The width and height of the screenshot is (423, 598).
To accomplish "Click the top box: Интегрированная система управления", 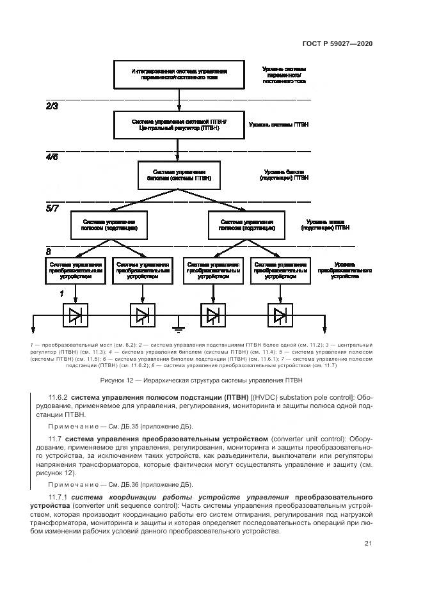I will point(179,74).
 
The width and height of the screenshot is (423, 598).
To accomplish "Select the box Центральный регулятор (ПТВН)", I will point(179,125).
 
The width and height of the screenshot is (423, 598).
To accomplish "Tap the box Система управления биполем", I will point(179,175).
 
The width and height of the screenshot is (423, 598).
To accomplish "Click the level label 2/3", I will point(52,106).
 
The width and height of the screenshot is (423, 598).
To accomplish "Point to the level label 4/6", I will point(52,156).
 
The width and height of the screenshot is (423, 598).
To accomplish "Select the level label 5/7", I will point(52,207).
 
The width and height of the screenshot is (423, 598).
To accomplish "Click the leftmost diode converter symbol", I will point(76,315).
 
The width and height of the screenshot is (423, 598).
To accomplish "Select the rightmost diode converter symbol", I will point(280,315).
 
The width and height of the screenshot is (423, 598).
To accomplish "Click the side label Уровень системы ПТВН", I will point(278,125).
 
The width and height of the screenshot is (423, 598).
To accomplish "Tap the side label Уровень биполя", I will point(284,175).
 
